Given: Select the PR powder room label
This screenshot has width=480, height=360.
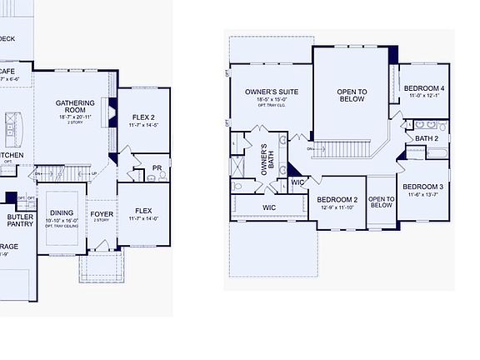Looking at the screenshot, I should click(x=157, y=168).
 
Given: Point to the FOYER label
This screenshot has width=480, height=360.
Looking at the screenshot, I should click(x=102, y=213).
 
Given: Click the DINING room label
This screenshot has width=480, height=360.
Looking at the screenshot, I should click(x=61, y=213).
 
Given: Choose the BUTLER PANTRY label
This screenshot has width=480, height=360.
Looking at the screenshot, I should click(x=19, y=220).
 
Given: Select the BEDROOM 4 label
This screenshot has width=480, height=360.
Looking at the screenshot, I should click(x=424, y=88).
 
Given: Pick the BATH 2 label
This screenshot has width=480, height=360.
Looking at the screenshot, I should click(x=427, y=138).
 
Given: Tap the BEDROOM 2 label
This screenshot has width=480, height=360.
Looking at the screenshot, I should click(x=337, y=200).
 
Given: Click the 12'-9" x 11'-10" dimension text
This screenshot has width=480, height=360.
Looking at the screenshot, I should click(x=337, y=208).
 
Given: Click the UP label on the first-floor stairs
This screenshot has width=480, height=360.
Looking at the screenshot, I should click(x=94, y=173).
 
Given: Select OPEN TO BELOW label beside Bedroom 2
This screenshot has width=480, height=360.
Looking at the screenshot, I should click(x=381, y=202).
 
